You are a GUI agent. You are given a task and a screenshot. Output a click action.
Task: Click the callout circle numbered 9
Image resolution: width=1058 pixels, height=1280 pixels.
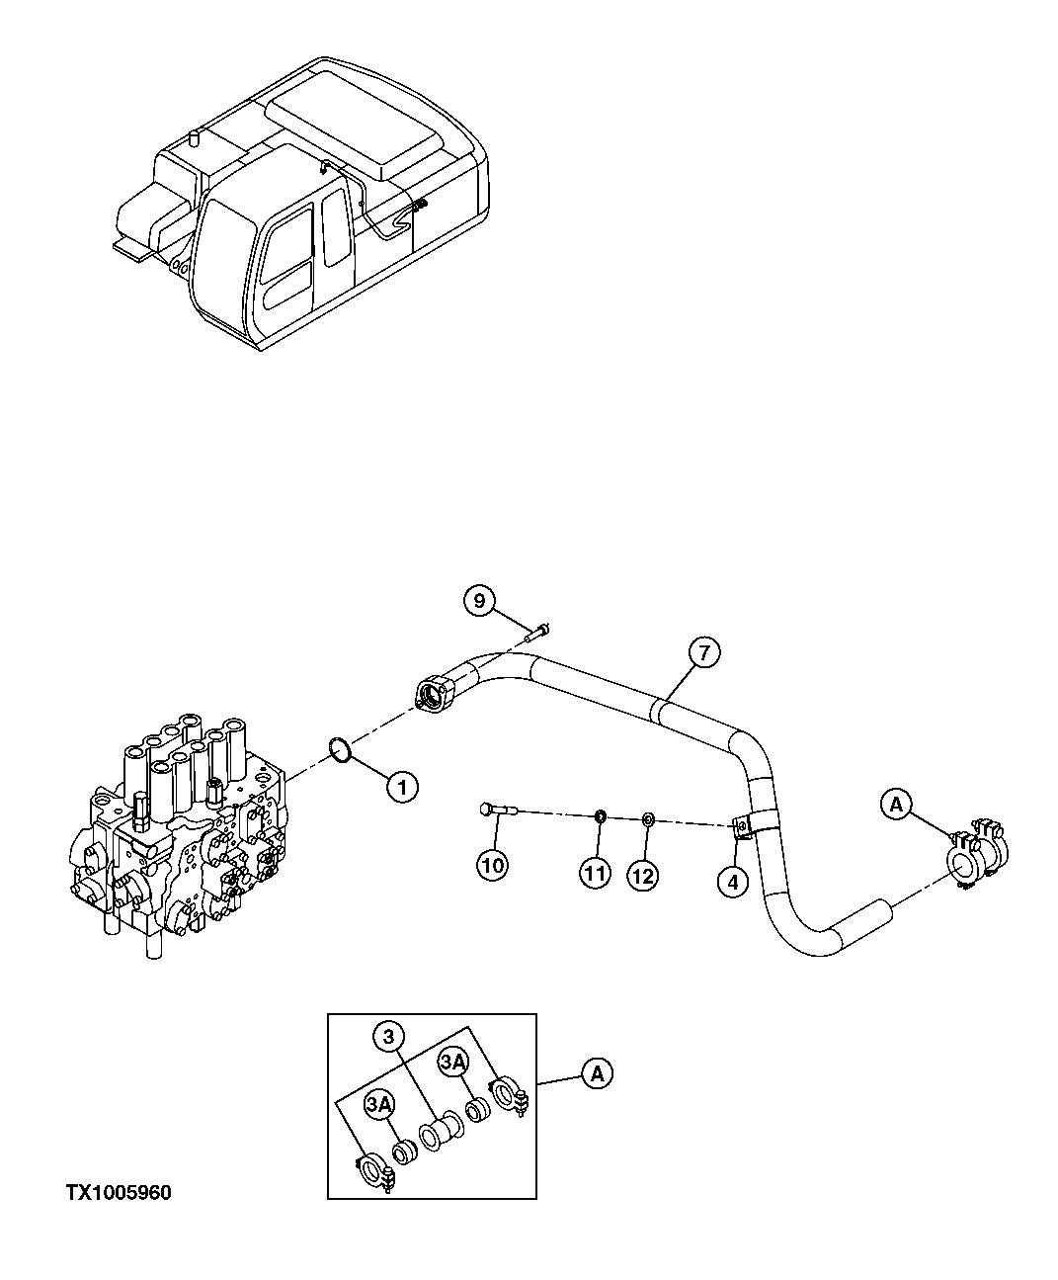point(478,601)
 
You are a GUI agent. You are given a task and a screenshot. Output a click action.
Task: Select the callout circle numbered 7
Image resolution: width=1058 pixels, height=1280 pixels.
point(703,652)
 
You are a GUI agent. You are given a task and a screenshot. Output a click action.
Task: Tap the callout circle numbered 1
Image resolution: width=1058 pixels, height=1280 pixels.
point(402,788)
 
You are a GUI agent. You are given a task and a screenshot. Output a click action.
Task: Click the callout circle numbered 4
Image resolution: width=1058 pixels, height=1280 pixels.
point(732,883)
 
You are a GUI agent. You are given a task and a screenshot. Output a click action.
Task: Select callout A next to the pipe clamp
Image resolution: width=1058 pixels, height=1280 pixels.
point(896,806)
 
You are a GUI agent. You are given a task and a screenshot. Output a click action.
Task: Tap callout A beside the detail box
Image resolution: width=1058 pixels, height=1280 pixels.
point(597,1072)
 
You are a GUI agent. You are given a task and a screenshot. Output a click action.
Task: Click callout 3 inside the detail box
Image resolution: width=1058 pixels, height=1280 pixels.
point(388,1037)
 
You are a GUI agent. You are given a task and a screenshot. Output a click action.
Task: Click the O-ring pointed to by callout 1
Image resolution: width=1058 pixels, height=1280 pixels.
point(338,749)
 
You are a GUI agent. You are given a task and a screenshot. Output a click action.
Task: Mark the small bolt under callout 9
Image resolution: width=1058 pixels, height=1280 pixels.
point(537,631)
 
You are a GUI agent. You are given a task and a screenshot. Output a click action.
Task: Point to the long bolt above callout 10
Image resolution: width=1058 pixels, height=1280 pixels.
point(497,811)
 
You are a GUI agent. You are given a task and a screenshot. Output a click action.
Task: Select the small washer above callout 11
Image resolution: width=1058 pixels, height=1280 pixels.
point(600,816)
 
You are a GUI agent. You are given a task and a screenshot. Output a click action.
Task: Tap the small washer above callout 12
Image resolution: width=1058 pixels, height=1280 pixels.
point(648,819)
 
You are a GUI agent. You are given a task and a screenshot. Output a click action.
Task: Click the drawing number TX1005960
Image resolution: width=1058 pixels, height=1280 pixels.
point(119,1193)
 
